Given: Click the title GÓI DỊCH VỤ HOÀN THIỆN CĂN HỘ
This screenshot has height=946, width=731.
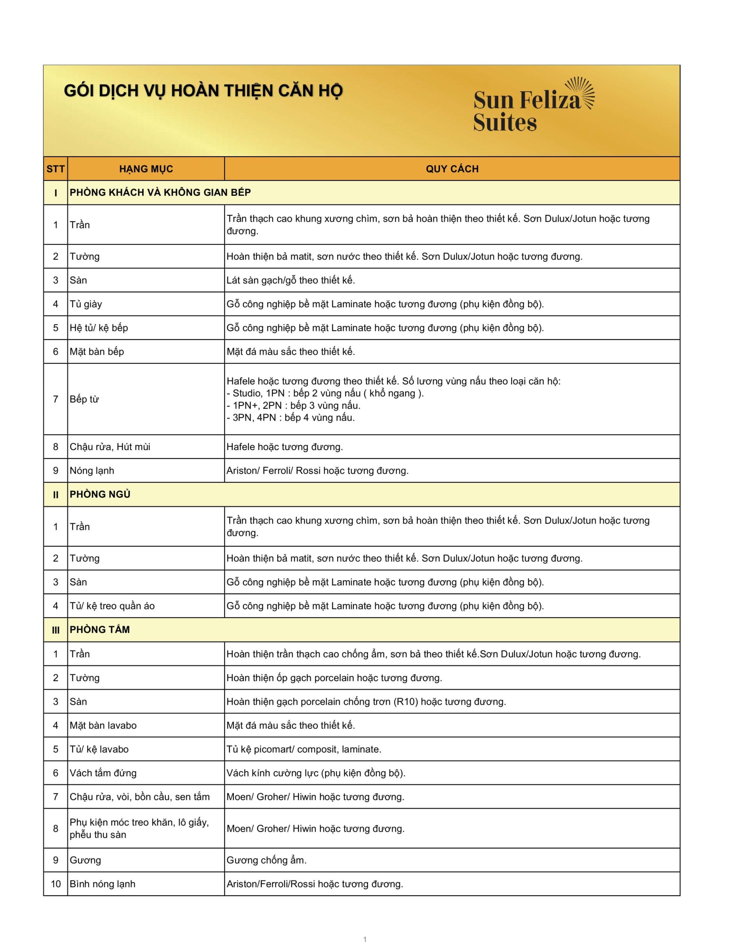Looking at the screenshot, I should [203, 91].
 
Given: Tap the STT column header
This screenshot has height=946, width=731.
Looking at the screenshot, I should [55, 169].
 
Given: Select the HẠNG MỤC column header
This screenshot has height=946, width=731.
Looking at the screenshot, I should [146, 169].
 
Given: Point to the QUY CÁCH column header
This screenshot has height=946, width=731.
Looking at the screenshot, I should [452, 169].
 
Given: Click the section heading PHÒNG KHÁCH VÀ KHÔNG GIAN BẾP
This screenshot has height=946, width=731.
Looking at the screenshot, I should [160, 192].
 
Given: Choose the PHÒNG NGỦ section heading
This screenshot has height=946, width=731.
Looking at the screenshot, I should [100, 494].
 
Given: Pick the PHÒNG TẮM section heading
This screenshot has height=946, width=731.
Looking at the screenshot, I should [100, 629].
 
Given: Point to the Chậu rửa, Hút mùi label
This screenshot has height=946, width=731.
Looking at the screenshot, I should [110, 446].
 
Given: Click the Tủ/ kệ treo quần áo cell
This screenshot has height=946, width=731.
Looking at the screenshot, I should [112, 606].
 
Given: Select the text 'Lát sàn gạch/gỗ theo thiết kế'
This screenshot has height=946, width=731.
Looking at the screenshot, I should [291, 280].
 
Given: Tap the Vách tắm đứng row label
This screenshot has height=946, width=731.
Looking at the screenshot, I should [103, 773].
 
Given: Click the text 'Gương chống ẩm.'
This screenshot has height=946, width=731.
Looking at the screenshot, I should [266, 860].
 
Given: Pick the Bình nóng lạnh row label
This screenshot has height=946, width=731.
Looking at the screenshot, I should [102, 884].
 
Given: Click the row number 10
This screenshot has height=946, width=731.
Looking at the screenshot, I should [55, 884].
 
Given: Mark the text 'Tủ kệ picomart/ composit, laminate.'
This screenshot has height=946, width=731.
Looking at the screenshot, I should [304, 749].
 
